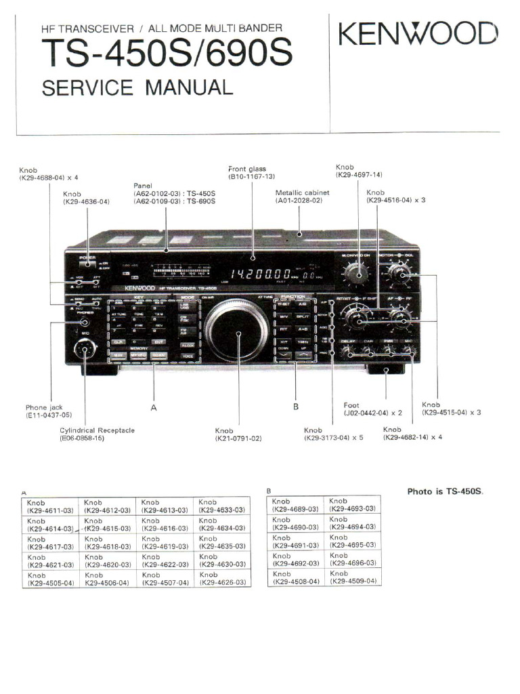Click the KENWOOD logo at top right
[x=418, y=34]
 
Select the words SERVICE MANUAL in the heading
[x=137, y=87]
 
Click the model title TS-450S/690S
[x=167, y=53]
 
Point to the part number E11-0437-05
[x=49, y=415]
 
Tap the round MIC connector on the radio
[x=85, y=350]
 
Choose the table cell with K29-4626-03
[x=222, y=578]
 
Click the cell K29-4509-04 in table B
[x=352, y=577]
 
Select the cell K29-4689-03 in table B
[x=295, y=505]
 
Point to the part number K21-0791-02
[x=238, y=438]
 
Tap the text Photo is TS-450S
[x=446, y=491]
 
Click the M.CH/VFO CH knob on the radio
[x=355, y=274]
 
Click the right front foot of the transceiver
[x=387, y=371]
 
